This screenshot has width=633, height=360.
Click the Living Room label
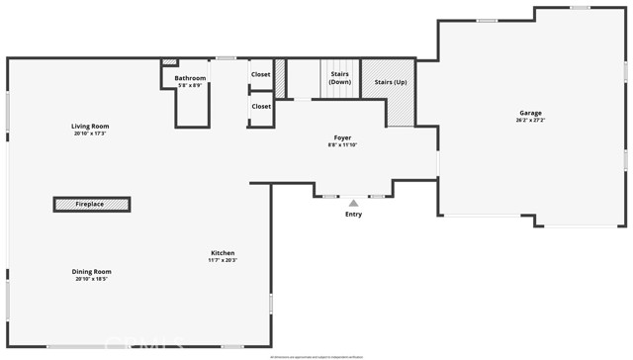pos(90,126)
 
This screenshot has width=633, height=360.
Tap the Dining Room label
pos(91,271)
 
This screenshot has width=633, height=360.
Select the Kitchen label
pos(223,252)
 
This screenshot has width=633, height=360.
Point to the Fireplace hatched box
pos(91,205)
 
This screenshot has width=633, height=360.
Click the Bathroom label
pos(190,78)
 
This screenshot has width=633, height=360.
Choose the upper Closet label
pos(261,74)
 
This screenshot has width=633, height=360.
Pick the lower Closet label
pos(261,106)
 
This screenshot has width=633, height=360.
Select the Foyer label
pos(341,137)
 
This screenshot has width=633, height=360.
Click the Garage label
pos(530,113)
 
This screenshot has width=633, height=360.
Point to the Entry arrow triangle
pos(353,203)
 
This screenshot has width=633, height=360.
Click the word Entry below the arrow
pos(353,214)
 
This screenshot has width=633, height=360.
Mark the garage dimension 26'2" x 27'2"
pos(530,120)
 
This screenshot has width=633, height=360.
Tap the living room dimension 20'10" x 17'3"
pos(90,133)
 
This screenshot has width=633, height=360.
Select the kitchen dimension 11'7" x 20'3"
pos(223,259)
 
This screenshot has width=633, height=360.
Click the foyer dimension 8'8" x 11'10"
pos(341,144)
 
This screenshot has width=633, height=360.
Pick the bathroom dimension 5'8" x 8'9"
pos(190,85)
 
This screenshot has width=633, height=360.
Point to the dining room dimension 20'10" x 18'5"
pos(91,279)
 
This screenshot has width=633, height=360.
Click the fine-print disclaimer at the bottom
pos(316,356)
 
